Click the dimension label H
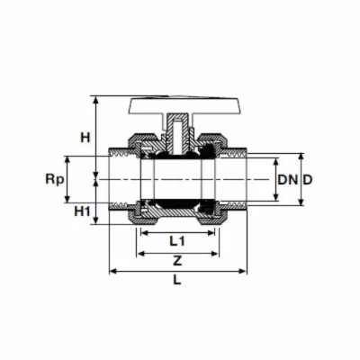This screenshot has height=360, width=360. [85, 138]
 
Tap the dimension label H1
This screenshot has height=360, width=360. [82, 211]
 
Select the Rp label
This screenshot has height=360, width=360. [55, 180]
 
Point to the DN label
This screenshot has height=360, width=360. [288, 180]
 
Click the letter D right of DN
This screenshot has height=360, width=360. [308, 180]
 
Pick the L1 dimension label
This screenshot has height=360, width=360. [177, 241]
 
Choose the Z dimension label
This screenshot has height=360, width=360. [177, 261]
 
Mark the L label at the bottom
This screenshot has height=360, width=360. [177, 280]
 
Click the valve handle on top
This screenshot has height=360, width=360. [184, 105]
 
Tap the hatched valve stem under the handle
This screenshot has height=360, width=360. [177, 134]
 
